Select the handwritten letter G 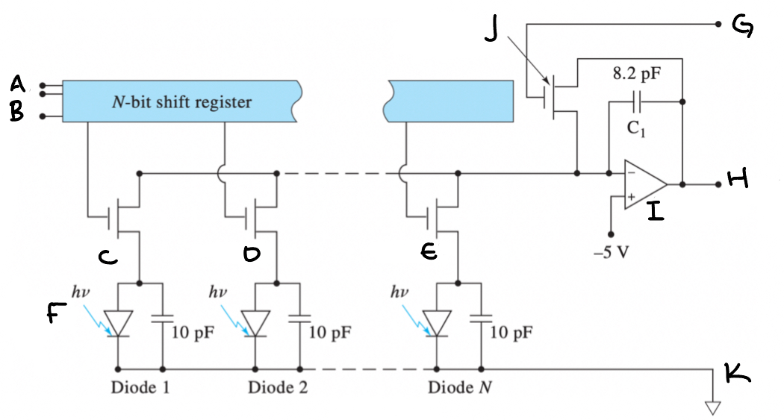(742, 28)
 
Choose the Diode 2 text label (277, 388)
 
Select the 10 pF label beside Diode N (511, 332)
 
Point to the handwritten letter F (53, 316)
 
